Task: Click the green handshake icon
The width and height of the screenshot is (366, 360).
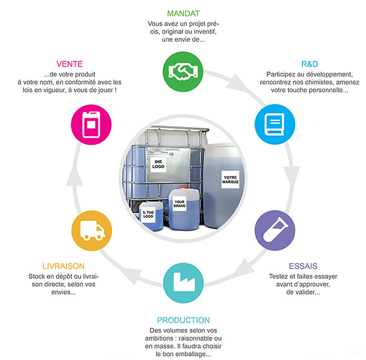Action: (183, 71)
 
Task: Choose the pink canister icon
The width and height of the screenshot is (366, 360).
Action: (91, 124)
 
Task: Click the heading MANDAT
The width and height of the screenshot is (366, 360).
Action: (183, 13)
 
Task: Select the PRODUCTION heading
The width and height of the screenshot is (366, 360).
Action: (183, 320)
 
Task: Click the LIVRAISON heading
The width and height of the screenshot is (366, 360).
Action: (64, 266)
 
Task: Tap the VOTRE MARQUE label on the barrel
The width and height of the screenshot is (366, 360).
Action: (231, 180)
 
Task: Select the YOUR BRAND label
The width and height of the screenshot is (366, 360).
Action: (180, 203)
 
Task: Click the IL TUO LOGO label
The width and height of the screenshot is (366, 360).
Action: (148, 214)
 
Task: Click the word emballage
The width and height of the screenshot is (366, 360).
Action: (191, 354)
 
